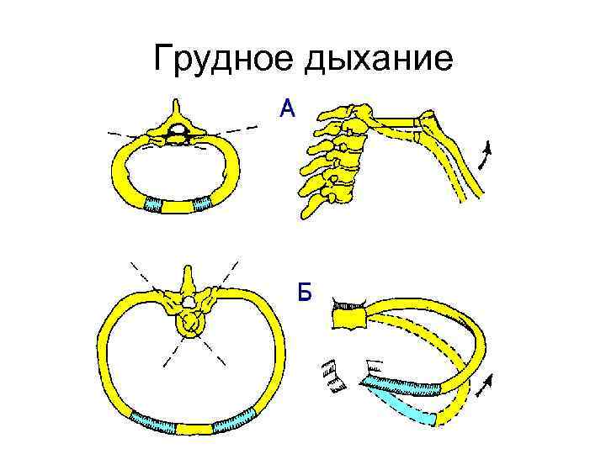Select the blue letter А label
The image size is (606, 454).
coord(288,108)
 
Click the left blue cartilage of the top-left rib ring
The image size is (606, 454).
coord(155,203)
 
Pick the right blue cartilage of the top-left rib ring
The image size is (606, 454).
coord(202,203)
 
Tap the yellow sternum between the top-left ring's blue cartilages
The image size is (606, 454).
coord(178,205)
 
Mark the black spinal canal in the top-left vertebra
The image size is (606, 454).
coord(178,129)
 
